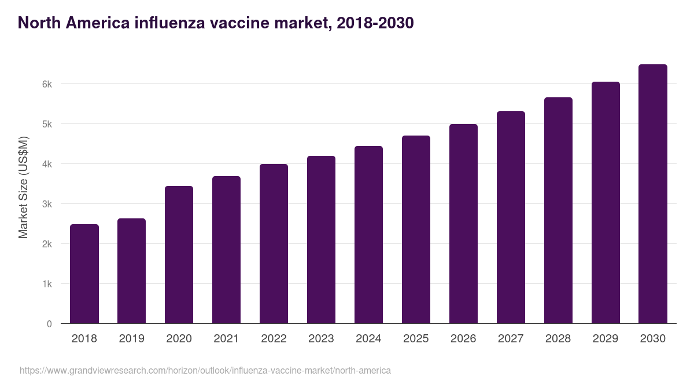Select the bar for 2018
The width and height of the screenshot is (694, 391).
click(84, 273)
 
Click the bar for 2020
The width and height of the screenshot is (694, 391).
click(179, 255)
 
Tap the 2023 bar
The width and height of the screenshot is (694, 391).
click(321, 240)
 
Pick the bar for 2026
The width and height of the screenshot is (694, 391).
click(463, 224)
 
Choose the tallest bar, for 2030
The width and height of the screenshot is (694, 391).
click(653, 194)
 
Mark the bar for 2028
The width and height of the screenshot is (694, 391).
click(558, 210)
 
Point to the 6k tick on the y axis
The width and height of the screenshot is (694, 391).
click(46, 84)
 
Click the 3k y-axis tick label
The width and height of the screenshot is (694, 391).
click(46, 204)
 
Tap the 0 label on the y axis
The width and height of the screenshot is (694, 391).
click(49, 324)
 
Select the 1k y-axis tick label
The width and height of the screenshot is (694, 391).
click(46, 284)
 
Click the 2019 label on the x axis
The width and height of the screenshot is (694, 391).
click(131, 338)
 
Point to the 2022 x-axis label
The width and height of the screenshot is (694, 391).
click(274, 338)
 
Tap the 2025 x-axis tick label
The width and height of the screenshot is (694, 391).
click(416, 338)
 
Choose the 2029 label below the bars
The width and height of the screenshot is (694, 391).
click(606, 338)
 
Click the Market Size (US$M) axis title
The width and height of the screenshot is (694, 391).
click(23, 188)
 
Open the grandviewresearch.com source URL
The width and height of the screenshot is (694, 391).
click(205, 370)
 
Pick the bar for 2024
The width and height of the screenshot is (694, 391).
click(368, 235)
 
